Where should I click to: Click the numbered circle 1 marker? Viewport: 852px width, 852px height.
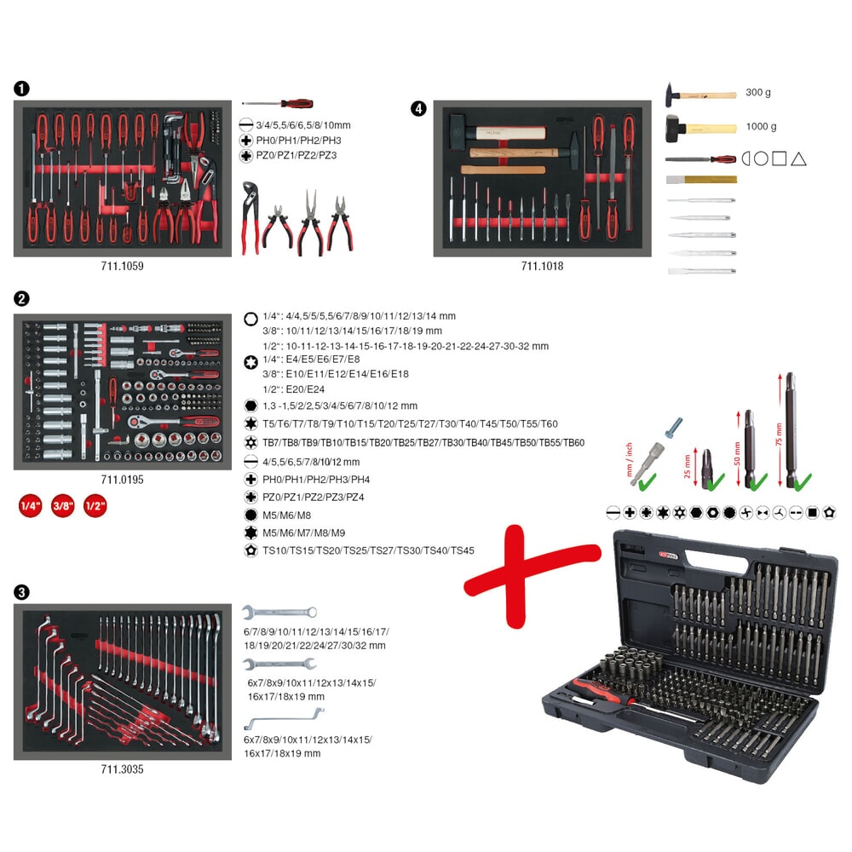[21, 88]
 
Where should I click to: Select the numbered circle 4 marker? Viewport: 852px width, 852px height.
[418, 108]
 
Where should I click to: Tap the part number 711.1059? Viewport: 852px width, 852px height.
[122, 266]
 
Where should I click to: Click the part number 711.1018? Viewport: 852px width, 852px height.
[542, 266]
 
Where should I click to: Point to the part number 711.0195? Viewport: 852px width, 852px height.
[122, 480]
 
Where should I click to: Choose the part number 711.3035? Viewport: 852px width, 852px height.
[122, 769]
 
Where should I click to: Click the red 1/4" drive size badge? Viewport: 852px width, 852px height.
[31, 506]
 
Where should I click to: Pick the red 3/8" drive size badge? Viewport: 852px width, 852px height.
[63, 506]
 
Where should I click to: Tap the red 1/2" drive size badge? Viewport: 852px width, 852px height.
[95, 506]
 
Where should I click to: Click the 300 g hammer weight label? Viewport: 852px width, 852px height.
[758, 92]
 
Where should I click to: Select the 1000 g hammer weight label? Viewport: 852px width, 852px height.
[761, 126]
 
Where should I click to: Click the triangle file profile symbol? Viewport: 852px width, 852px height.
[798, 158]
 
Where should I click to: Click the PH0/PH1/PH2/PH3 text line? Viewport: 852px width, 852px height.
[297, 140]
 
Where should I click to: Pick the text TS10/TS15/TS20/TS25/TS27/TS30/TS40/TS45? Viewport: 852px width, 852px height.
[368, 550]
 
